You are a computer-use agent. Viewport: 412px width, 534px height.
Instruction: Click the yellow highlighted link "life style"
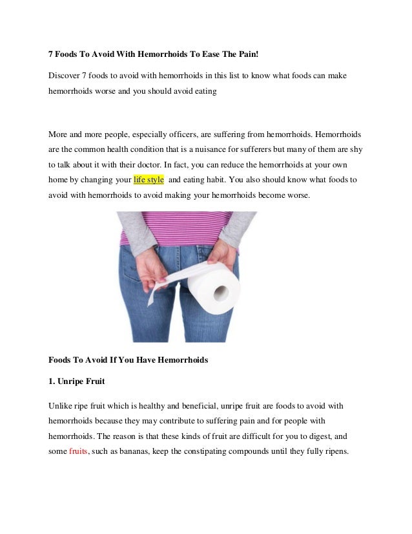coord(149,179)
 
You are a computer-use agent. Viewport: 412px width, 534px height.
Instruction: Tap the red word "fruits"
coord(78,452)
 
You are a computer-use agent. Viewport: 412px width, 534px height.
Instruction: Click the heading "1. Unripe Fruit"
coord(77,381)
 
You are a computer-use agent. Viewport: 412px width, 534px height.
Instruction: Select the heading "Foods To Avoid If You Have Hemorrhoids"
coord(129,360)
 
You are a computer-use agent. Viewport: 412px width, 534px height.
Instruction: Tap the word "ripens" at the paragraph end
coord(335,452)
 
